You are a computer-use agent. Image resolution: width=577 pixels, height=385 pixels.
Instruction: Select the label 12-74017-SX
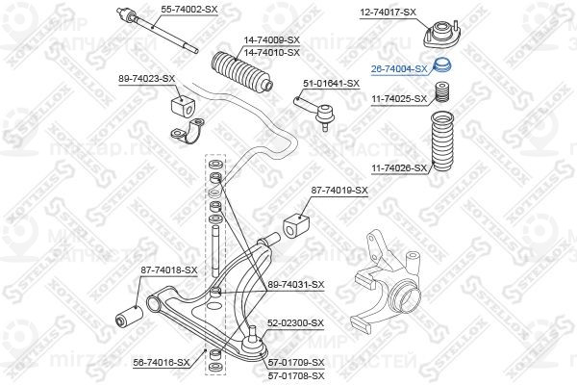click(x=389, y=12)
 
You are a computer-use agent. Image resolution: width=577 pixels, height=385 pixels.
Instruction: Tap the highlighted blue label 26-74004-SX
click(x=399, y=68)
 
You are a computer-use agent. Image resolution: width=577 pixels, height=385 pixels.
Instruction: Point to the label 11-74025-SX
click(x=399, y=97)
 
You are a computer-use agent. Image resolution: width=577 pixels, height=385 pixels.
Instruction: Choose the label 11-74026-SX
click(x=399, y=167)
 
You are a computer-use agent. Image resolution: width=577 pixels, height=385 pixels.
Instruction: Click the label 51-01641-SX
click(x=331, y=83)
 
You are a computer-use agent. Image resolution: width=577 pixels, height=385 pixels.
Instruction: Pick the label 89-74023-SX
click(x=147, y=77)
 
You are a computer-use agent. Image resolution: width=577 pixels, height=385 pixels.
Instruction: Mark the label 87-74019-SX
click(x=339, y=191)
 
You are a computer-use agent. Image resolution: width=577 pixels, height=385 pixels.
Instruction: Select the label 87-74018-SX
click(x=168, y=270)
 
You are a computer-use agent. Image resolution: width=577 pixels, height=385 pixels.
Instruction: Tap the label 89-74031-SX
click(x=296, y=284)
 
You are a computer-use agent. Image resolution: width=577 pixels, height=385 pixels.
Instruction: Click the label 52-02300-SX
click(x=296, y=324)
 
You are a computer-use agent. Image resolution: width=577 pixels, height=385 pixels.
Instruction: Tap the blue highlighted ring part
click(x=443, y=67)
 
